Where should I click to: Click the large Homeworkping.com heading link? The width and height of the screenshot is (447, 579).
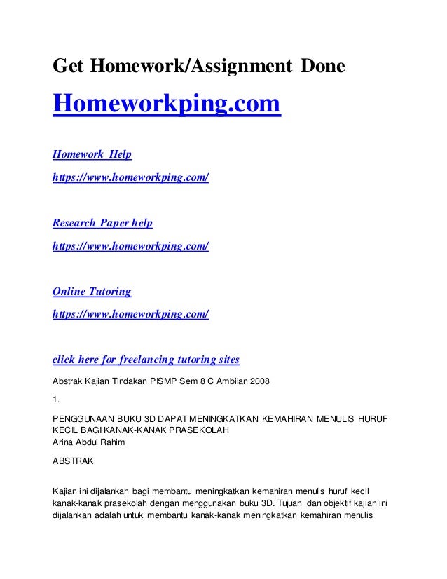(x=167, y=106)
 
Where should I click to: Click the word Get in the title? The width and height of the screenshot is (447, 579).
(x=68, y=67)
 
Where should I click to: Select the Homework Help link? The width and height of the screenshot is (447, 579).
(x=92, y=154)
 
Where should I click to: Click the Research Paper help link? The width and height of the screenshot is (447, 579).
(x=103, y=223)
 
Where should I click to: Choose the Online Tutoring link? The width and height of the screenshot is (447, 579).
(x=92, y=291)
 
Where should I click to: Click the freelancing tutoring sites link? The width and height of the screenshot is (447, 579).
(x=146, y=360)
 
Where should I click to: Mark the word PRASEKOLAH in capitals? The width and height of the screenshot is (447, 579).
(x=200, y=430)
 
